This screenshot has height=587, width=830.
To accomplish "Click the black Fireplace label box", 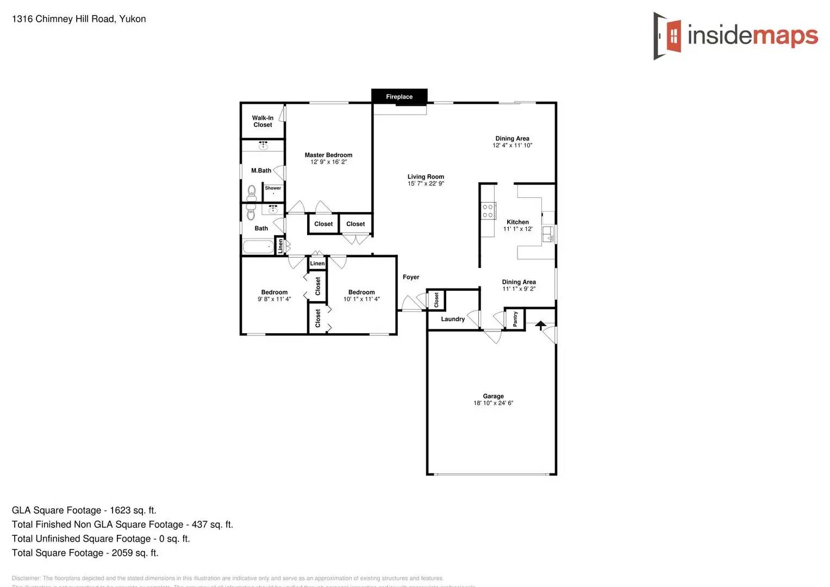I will click(x=399, y=97).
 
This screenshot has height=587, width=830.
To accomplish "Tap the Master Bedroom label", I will click(x=328, y=155).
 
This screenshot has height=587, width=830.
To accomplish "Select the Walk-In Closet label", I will click(x=263, y=121).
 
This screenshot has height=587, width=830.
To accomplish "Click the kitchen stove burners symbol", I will click(x=488, y=211).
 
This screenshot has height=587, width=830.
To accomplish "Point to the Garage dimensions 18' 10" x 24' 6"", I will click(x=493, y=403).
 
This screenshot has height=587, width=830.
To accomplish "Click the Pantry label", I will click(x=515, y=319).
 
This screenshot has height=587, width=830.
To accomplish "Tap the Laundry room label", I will click(x=453, y=319).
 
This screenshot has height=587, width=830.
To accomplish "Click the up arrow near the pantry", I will click(x=540, y=325).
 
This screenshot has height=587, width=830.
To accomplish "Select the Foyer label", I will click(x=411, y=277).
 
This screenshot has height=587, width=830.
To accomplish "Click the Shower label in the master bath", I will click(x=273, y=188).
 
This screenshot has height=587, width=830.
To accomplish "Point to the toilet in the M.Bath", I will click(x=252, y=192).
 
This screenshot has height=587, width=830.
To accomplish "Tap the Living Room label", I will click(x=426, y=177).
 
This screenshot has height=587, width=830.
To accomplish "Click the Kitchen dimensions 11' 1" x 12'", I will click(x=517, y=229).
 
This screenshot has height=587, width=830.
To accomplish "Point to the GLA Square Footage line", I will click(x=84, y=510).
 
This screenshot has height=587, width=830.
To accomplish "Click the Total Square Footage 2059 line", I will click(x=85, y=553).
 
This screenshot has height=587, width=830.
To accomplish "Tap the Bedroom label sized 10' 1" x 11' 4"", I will click(x=361, y=292).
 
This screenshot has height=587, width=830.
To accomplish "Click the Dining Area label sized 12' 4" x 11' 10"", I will click(x=512, y=139).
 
